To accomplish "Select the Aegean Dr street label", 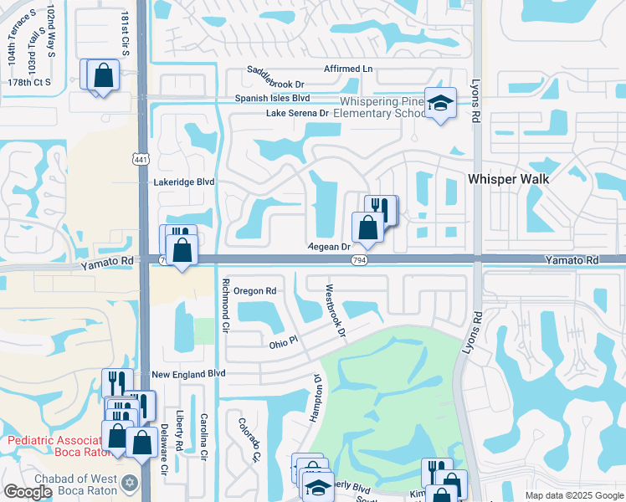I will pos(329,247).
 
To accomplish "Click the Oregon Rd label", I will pos(254,290).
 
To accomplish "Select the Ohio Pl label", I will pos(284,344).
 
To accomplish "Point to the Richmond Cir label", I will pos(225,305).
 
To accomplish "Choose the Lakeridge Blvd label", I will pos(184,182).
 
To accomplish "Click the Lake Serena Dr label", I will pos(297,113).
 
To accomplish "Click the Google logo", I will pos(28,493).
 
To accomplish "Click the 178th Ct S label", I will pos(29,82).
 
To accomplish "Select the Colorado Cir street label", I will pos(249,441).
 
